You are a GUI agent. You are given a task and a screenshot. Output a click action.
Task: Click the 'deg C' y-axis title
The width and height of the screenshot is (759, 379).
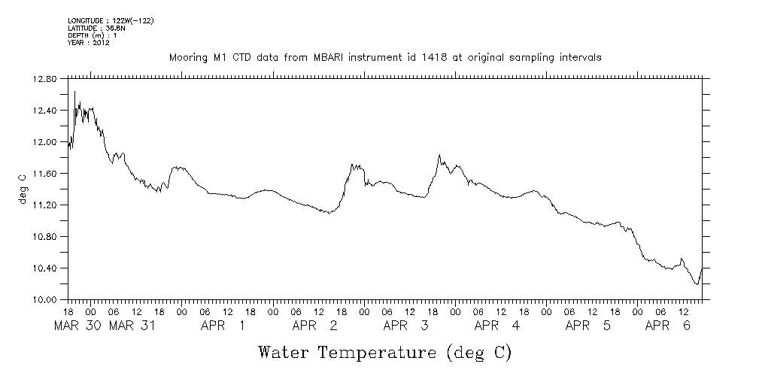pos(22,189)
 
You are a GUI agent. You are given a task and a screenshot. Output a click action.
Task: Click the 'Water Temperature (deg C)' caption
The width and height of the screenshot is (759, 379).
pos(384,352)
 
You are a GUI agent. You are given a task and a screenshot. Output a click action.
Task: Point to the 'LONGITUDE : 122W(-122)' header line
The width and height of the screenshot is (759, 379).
pos(111,20)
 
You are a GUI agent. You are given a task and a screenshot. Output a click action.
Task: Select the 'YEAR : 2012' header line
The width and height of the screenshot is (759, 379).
pos(89,43)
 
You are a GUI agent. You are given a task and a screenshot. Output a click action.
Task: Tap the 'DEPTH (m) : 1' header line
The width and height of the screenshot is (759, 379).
pos(91,35)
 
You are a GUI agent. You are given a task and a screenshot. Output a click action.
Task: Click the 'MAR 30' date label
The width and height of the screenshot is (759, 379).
pos(78,326)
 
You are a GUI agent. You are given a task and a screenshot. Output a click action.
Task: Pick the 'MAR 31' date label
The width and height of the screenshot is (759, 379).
pos(132,326)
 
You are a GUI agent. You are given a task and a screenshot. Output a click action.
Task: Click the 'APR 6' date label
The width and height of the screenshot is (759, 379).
pos(669,326)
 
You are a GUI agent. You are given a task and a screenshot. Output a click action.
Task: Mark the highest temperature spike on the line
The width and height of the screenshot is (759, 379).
pos(74,92)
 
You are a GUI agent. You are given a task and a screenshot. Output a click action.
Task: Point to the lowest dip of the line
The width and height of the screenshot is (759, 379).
pos(697,284)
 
